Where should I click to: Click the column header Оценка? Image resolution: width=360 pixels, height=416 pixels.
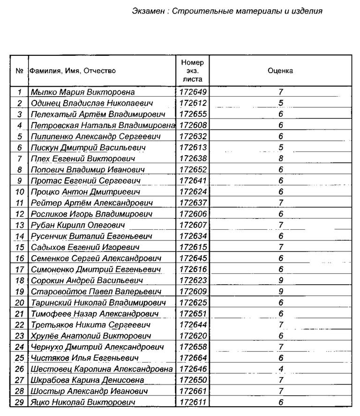tap(280, 71)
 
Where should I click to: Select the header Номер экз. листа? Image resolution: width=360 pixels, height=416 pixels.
tap(192, 71)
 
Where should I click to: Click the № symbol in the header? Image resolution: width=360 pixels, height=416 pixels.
tap(19, 71)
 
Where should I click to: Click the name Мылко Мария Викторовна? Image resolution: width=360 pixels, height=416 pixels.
tap(82, 92)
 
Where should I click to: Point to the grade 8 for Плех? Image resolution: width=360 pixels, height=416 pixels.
tap(280, 159)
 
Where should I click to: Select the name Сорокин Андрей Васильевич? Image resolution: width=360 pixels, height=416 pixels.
tap(87, 280)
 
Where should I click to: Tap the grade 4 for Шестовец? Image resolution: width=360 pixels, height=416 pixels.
tap(281, 369)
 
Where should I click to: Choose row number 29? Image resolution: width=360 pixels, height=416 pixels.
tap(19, 402)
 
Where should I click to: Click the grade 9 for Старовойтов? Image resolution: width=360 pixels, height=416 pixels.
tap(280, 292)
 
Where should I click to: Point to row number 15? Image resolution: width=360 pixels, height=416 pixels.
tap(19, 247)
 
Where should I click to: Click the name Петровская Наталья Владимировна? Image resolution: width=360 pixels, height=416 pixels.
tap(103, 126)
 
